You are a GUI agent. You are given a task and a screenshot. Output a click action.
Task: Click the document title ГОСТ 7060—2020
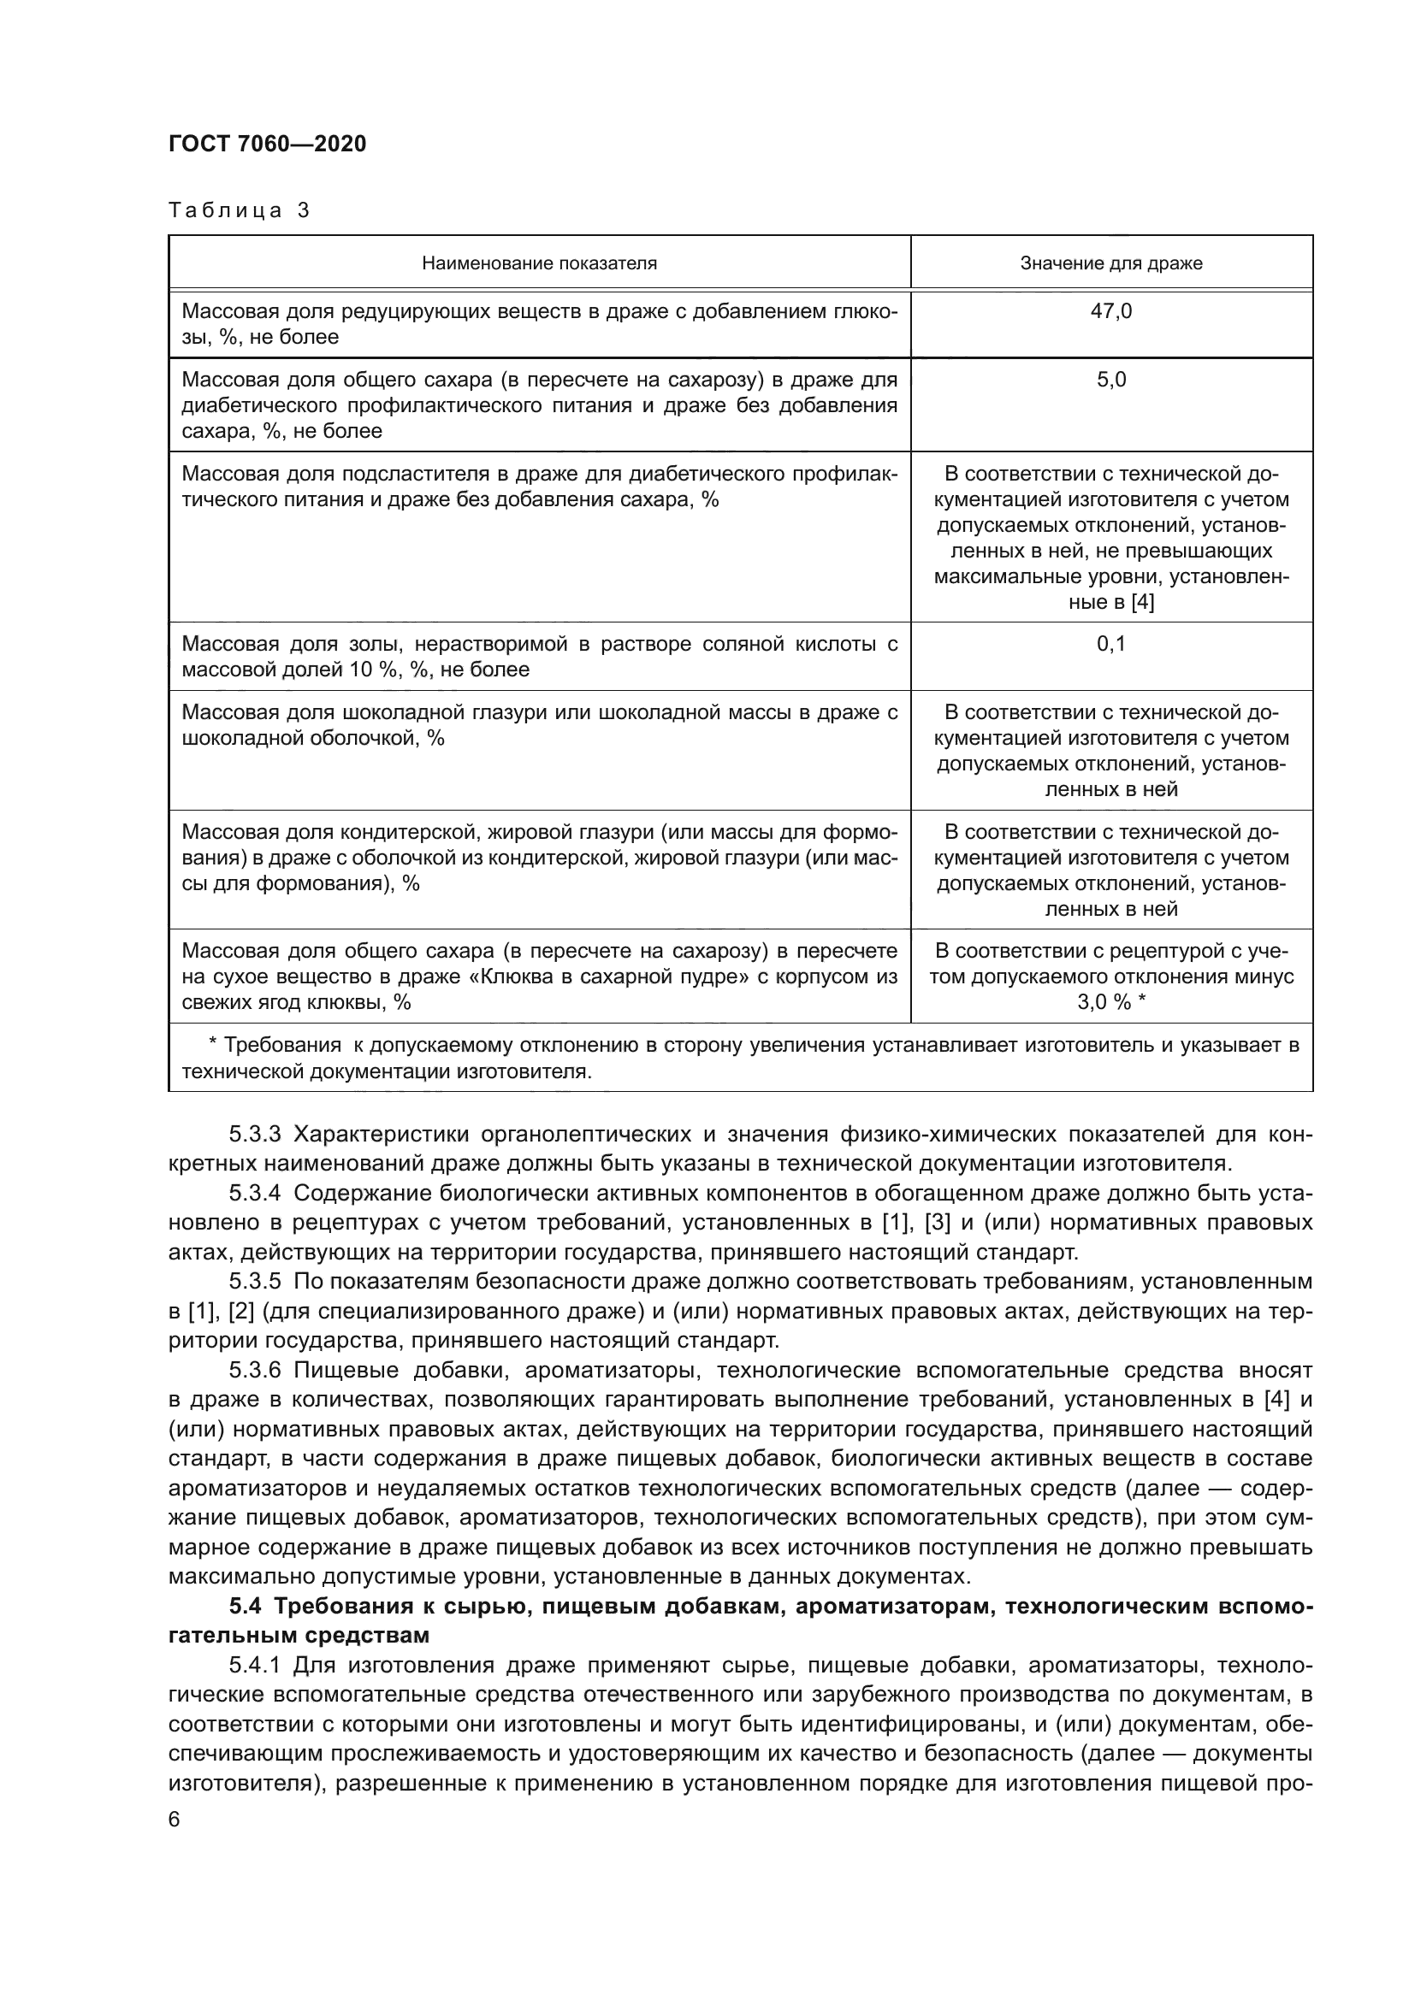pyautogui.click(x=268, y=144)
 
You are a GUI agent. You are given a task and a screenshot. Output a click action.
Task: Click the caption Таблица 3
pyautogui.click(x=239, y=210)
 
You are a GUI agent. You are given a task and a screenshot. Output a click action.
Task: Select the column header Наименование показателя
pyautogui.click(x=539, y=263)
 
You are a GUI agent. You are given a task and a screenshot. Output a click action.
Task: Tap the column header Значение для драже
pyautogui.click(x=1111, y=263)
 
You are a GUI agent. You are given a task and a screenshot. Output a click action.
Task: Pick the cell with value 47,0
pyautogui.click(x=1111, y=311)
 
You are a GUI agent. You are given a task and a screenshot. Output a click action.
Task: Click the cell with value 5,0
pyautogui.click(x=1111, y=380)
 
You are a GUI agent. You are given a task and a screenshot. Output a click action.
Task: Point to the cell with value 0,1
pyautogui.click(x=1111, y=644)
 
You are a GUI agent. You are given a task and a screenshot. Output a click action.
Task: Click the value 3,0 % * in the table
pyautogui.click(x=1111, y=1002)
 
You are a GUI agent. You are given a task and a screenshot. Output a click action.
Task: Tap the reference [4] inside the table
pyautogui.click(x=1141, y=602)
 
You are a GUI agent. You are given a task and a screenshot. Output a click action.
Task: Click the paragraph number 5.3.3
pyautogui.click(x=254, y=1134)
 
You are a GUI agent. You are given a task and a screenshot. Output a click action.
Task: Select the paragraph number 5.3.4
pyautogui.click(x=254, y=1193)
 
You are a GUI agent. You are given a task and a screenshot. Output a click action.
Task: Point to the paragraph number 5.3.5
pyautogui.click(x=254, y=1281)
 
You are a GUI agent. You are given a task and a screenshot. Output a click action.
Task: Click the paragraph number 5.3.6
pyautogui.click(x=254, y=1370)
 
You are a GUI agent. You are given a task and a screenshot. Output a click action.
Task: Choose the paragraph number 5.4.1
pyautogui.click(x=254, y=1666)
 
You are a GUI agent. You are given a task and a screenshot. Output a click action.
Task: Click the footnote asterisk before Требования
pyautogui.click(x=214, y=1045)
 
